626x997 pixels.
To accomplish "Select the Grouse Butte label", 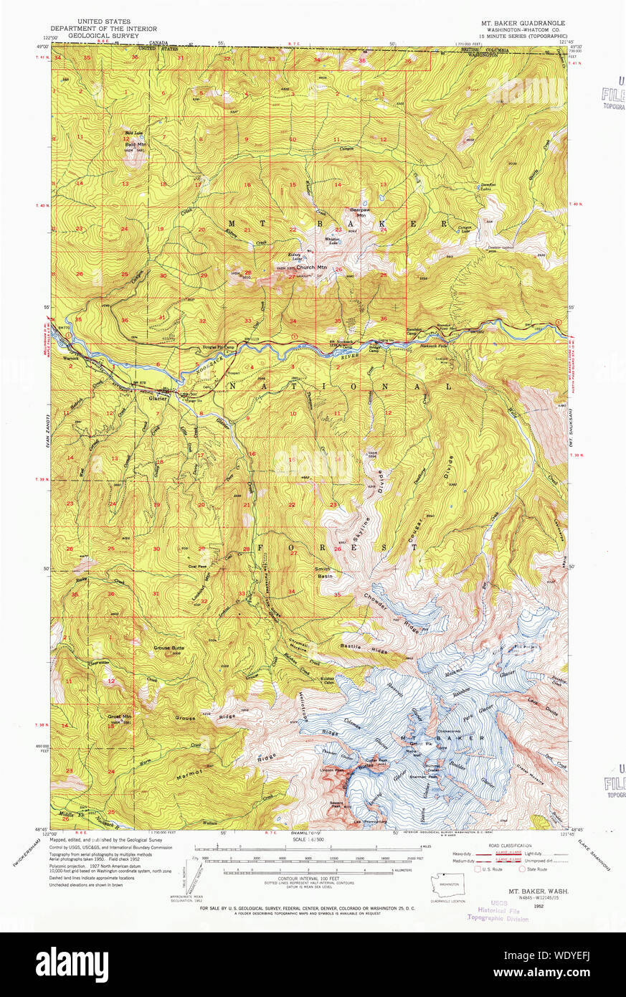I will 169,648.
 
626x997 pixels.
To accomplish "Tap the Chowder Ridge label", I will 380,606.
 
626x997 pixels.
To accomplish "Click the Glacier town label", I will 158,399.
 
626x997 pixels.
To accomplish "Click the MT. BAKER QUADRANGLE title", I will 523,23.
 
